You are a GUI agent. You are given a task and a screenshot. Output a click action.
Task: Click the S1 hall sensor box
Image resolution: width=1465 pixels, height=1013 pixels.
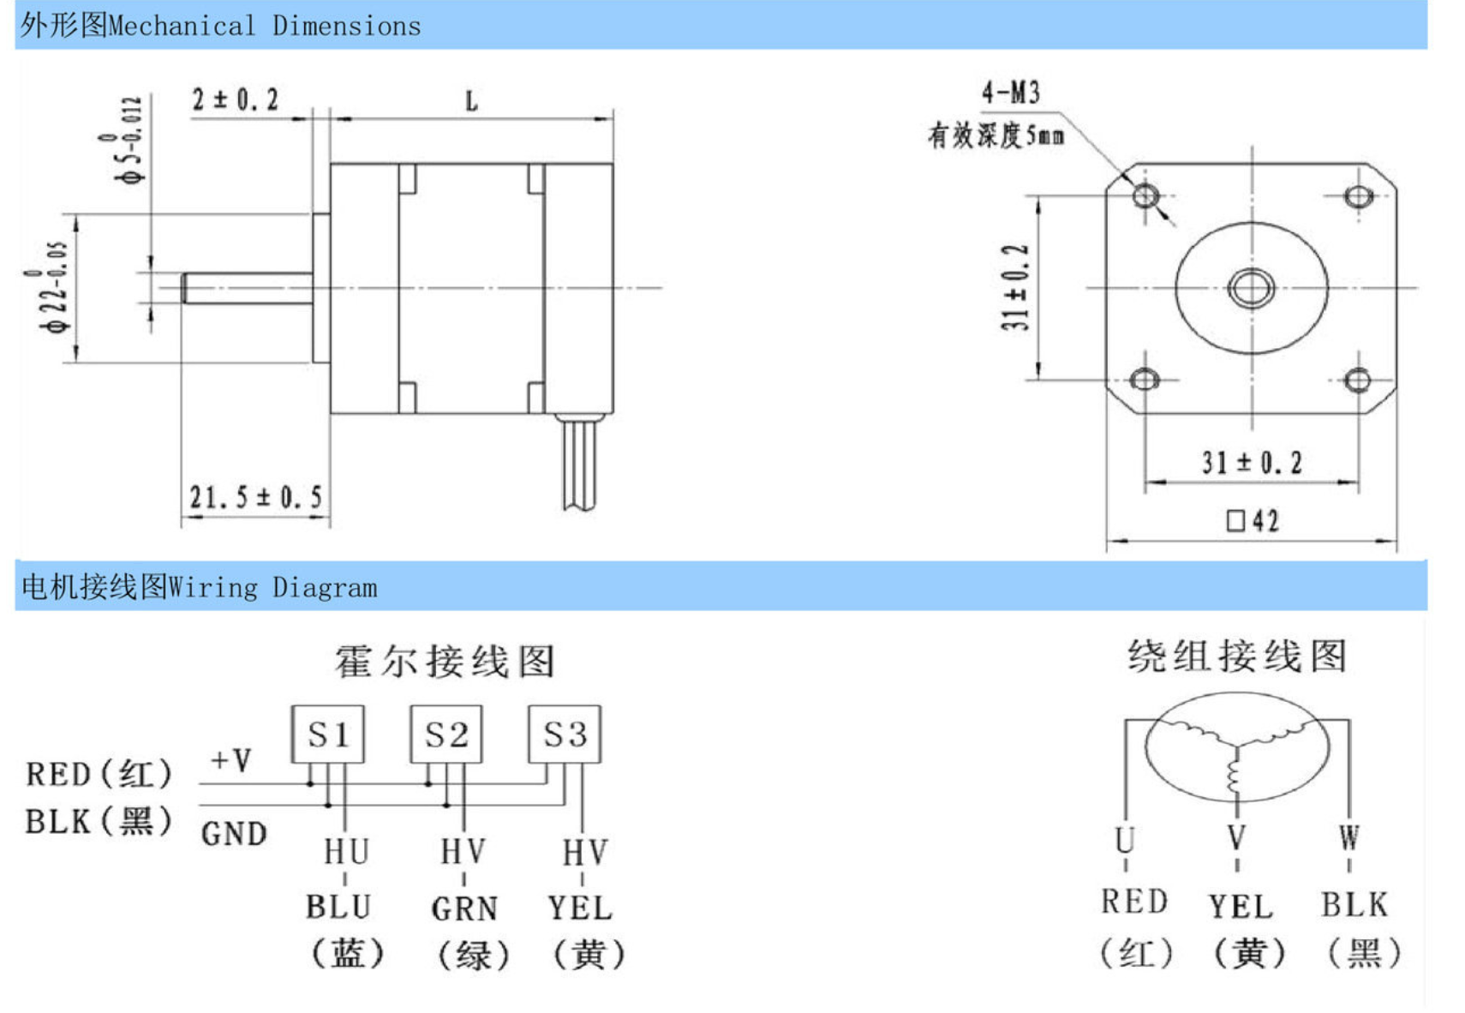(x=327, y=734)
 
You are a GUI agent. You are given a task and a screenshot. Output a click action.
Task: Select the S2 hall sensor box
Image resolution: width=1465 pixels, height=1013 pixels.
(x=445, y=734)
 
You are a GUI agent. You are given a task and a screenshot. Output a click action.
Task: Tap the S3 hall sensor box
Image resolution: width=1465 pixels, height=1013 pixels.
(x=565, y=734)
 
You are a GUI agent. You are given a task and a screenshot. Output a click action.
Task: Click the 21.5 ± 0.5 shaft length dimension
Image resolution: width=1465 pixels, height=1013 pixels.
(x=255, y=497)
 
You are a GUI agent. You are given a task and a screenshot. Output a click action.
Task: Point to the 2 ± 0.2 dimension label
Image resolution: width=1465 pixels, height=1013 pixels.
(x=235, y=100)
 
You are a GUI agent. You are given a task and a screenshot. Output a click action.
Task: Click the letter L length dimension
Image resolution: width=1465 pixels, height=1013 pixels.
(x=471, y=102)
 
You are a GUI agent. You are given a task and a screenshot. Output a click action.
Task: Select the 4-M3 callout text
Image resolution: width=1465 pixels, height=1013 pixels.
(x=1010, y=93)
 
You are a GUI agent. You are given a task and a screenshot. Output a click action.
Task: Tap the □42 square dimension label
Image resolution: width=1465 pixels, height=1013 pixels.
(x=1253, y=520)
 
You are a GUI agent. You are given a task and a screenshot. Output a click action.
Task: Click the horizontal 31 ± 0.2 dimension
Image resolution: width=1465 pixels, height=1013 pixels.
(x=1251, y=463)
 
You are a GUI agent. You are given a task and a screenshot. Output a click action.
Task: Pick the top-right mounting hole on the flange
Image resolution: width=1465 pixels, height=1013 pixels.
(x=1358, y=196)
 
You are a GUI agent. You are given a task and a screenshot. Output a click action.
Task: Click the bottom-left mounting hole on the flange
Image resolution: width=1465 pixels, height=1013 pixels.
(x=1145, y=379)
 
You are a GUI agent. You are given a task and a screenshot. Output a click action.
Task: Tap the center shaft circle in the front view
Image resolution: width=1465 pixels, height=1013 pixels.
(x=1252, y=287)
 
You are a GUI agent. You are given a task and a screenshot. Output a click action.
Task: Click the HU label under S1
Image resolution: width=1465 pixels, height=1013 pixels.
(x=346, y=852)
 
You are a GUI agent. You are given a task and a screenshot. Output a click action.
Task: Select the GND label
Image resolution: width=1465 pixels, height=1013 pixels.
(x=234, y=833)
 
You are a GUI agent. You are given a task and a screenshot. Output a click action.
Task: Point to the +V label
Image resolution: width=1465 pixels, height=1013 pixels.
(x=230, y=759)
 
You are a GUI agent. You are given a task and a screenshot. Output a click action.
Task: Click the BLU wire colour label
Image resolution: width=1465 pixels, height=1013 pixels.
(x=338, y=907)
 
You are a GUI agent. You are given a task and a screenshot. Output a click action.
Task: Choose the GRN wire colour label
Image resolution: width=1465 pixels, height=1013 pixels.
(x=463, y=908)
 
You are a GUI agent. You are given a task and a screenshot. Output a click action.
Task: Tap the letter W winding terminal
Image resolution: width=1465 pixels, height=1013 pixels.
(x=1348, y=837)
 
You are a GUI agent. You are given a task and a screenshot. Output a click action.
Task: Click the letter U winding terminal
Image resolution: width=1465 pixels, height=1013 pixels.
(x=1125, y=839)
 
